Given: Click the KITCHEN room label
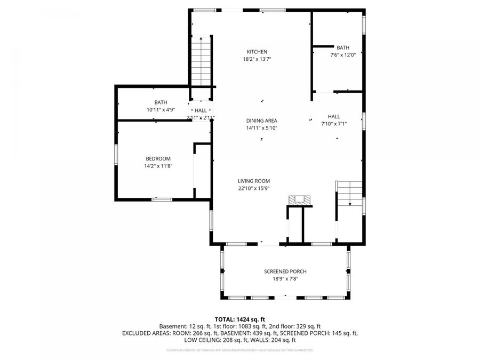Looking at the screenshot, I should coord(253,52).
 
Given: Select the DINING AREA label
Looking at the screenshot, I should coord(261,121).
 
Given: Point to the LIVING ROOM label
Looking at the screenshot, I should coord(254,181).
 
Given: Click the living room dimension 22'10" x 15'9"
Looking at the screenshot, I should coord(254,188).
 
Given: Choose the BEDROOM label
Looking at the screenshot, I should coord(158,158).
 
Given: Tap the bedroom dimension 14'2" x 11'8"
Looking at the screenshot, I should coord(158,166).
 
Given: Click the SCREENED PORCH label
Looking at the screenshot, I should coord(285,271).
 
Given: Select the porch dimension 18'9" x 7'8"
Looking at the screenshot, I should coord(285,279).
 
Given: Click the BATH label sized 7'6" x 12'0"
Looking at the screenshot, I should coord(342,47).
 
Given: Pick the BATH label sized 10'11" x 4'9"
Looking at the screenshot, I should coord(161,102).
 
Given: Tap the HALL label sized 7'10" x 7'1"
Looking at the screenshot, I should coord(334,116).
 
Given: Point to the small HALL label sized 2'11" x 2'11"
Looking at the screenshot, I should coord(201,110).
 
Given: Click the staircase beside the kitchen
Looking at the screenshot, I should coord(202,60).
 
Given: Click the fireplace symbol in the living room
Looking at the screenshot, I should coord(299,200).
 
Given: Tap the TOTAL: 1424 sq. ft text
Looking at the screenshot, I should coord(240,319).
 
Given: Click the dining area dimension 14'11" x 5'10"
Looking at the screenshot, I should coord(261,128).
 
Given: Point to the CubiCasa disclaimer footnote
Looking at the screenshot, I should coord(240,350).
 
